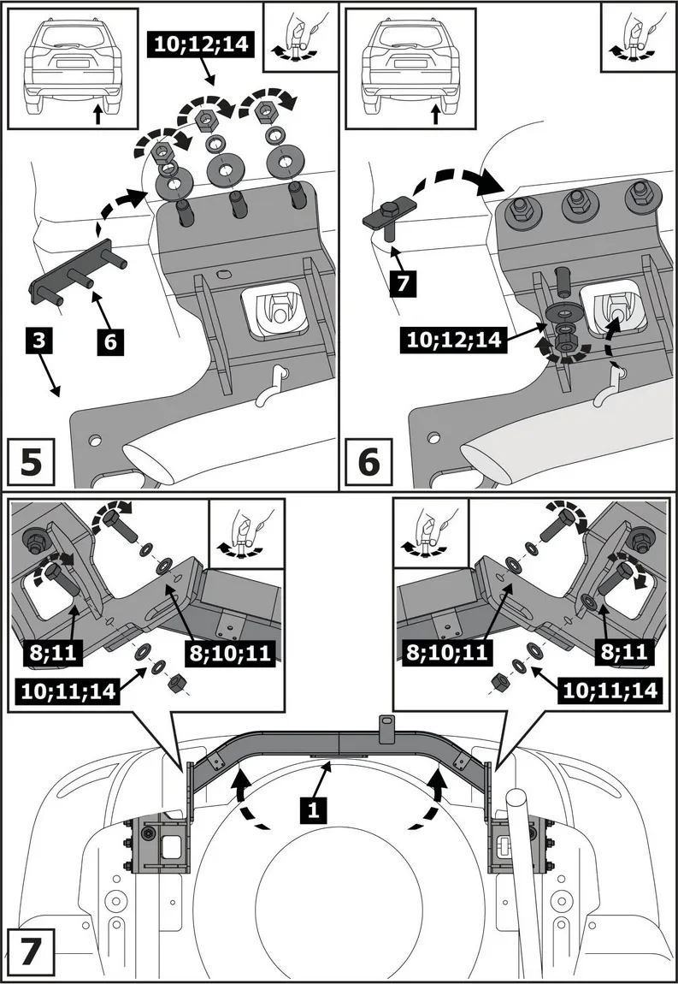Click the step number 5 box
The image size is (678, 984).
30,462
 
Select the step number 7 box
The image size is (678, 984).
30,952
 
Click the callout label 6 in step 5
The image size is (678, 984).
111,342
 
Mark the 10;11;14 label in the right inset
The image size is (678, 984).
609,689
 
